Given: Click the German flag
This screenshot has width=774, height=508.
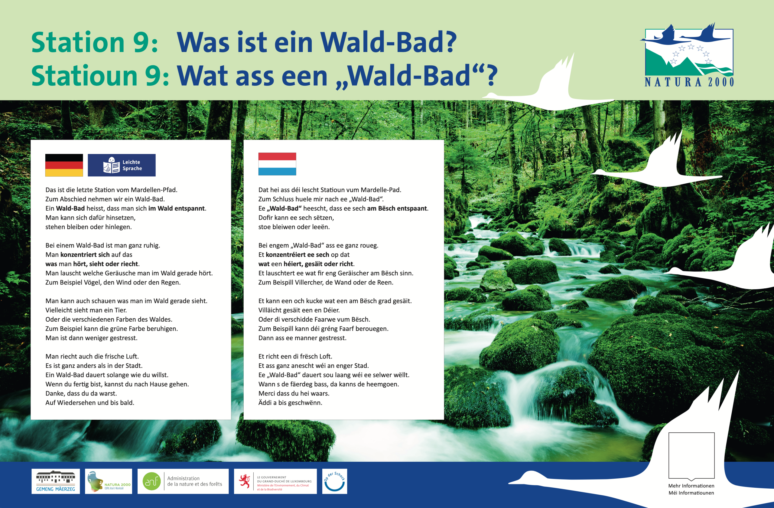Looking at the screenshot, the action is [x=64, y=165].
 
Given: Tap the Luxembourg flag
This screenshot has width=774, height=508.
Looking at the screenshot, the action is [x=277, y=164].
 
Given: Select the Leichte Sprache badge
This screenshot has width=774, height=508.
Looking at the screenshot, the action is [x=122, y=165].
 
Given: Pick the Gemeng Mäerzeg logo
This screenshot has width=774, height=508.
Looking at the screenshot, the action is [x=56, y=481].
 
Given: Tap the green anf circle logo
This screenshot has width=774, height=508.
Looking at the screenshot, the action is [x=151, y=481].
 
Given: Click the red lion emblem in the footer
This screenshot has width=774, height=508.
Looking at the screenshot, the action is [x=245, y=481].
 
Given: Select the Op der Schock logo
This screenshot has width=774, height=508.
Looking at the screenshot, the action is [x=335, y=481].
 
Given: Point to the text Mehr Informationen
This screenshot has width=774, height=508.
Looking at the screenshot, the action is [x=691, y=486].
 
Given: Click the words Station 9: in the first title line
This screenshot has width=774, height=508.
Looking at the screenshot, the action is [x=95, y=42].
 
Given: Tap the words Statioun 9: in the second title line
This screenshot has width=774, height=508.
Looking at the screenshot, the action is [x=100, y=76].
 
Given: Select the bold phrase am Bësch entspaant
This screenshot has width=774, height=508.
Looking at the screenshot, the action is [x=397, y=208].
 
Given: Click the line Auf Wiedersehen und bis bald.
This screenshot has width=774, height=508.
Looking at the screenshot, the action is [x=90, y=403].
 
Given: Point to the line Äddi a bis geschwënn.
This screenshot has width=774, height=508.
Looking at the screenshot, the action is [x=290, y=403].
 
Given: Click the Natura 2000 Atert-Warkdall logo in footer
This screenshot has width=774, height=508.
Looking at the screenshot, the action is [x=109, y=481].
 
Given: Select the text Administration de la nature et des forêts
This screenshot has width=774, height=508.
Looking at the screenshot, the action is [x=194, y=481].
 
